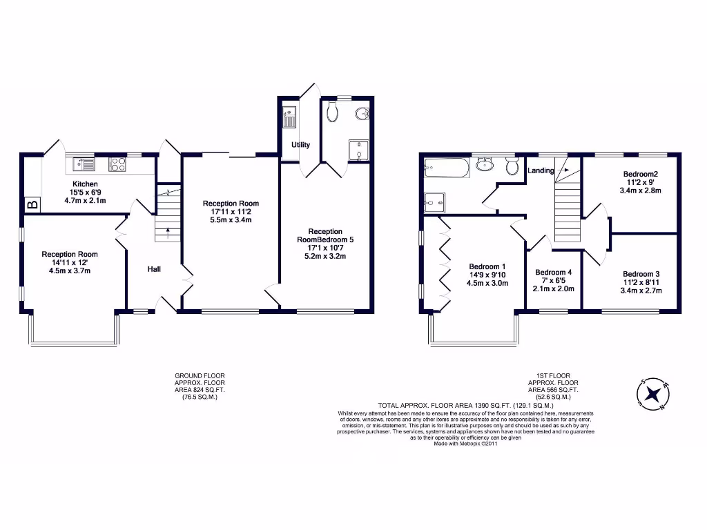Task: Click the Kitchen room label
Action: [x=75, y=184]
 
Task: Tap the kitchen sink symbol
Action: [x=84, y=164]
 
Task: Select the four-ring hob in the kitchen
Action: [x=117, y=164]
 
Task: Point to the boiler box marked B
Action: [x=31, y=204]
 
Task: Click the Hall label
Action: [x=153, y=268]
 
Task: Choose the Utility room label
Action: [x=300, y=145]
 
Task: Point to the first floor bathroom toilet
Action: [x=512, y=166]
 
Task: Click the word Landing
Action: [x=541, y=170]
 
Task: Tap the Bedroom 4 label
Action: [x=553, y=272]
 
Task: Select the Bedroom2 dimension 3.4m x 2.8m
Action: [x=641, y=190]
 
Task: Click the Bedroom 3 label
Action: [x=641, y=273]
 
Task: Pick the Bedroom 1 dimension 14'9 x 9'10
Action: [x=487, y=275]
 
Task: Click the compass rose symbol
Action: [x=653, y=394]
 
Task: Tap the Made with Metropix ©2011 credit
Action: [x=465, y=444]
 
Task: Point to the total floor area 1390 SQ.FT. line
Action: [x=465, y=405]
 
